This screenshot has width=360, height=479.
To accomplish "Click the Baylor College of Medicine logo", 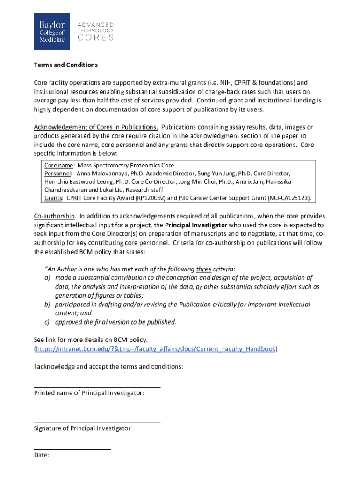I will coord(51,31).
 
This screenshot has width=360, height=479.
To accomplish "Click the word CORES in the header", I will coord(95,37).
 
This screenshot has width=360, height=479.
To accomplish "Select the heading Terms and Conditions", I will coord(66,65).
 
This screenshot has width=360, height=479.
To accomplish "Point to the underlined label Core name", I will coord(59,165).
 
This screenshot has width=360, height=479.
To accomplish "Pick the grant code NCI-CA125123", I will coord(289,198).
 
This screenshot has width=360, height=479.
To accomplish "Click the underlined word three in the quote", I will coord(204,269).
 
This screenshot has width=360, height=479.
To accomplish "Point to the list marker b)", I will coord(47,305).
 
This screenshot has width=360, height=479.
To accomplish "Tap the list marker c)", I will coord(47,322).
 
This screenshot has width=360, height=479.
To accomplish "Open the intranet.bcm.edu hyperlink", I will coord(156,349).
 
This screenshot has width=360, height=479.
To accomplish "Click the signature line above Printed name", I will coord(97,387).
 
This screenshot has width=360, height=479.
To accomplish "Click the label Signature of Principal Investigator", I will coord(82,428).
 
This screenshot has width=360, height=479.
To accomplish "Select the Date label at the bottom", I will coord(42,455).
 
